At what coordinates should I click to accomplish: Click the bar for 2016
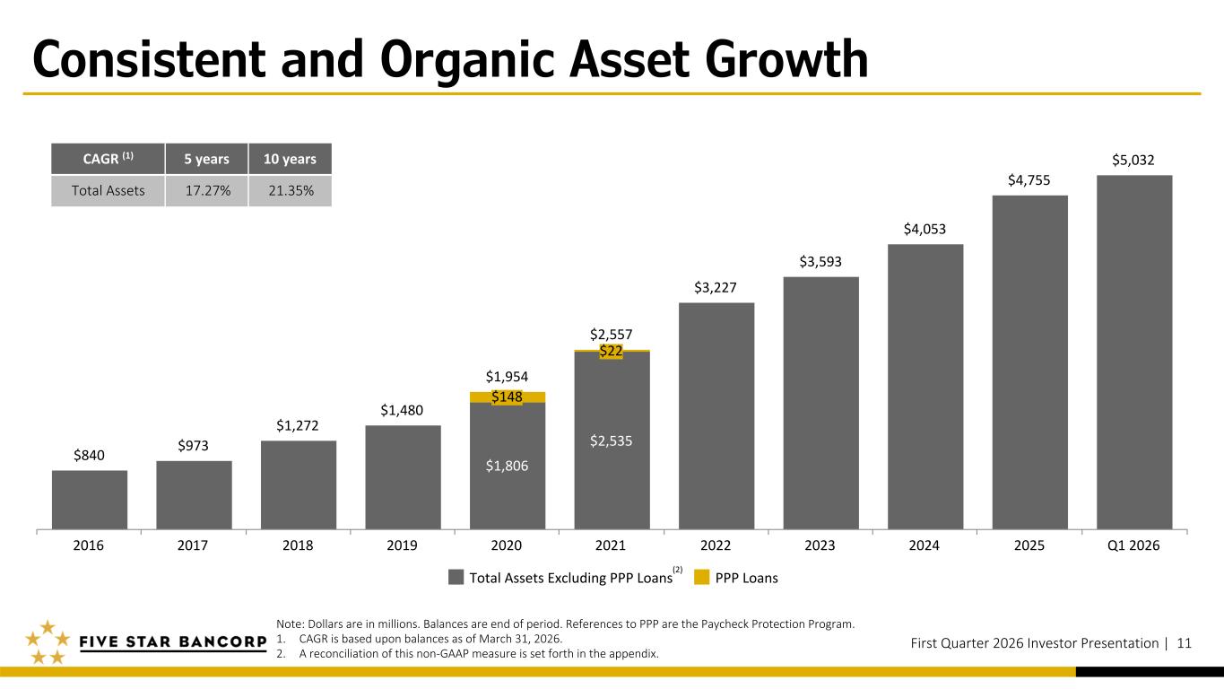tap(90, 500)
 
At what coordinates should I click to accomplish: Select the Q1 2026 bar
tap(1134, 352)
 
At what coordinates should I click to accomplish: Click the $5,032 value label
tap(1134, 161)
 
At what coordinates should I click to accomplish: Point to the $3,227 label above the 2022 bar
tap(716, 288)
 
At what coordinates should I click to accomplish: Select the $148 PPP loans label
tap(507, 397)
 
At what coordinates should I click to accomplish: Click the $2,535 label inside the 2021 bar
tap(612, 440)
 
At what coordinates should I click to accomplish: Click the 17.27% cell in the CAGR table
tap(206, 190)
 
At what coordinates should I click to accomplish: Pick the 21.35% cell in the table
tap(290, 190)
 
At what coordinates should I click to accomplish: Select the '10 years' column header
tap(290, 159)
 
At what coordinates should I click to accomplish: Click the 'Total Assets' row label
tap(108, 190)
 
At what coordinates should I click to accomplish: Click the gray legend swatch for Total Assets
tap(456, 578)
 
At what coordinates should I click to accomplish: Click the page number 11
tap(1184, 642)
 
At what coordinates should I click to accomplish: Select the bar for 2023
tap(820, 403)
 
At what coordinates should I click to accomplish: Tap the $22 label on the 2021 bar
tap(612, 352)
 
